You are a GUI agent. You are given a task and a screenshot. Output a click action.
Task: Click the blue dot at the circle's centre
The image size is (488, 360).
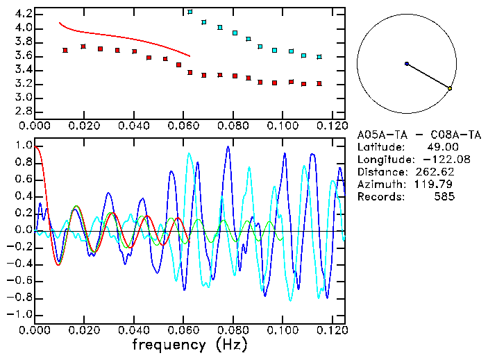pos(407,64)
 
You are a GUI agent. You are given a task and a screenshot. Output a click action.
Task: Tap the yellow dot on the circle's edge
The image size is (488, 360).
pos(450,88)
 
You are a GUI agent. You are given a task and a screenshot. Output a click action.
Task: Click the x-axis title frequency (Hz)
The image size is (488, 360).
pos(190,345)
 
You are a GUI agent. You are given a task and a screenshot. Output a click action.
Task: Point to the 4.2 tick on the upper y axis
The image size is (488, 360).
pos(23,14)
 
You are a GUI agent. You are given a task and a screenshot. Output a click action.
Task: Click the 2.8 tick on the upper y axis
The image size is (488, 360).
pos(23,111)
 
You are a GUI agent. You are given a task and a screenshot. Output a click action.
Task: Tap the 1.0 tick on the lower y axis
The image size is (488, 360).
pos(23,146)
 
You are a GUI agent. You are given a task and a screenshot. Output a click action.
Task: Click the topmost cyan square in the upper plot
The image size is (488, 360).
pos(190,12)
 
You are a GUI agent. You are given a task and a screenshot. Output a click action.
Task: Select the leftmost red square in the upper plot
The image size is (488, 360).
pos(65,50)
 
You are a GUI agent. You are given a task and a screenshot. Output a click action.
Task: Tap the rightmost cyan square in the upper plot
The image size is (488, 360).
pos(319,57)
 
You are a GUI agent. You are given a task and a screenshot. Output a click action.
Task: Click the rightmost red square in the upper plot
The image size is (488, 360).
pos(319,83)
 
